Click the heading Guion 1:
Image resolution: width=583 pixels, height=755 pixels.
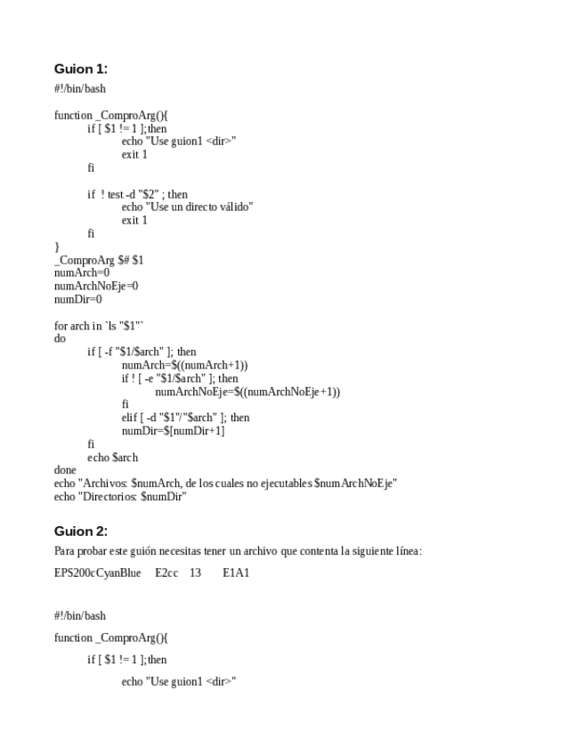click(x=80, y=69)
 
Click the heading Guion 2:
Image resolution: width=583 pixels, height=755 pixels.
click(x=80, y=532)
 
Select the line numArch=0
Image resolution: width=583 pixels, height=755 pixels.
click(x=82, y=273)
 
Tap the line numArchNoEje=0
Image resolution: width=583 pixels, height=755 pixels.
click(x=96, y=287)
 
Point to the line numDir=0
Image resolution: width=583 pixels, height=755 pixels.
click(x=78, y=299)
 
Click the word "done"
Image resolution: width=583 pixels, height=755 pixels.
click(x=65, y=470)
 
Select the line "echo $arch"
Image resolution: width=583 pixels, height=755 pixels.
click(x=112, y=458)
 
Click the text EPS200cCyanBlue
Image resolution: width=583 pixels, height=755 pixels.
click(x=97, y=572)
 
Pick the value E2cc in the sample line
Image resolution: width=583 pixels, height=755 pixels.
click(x=166, y=572)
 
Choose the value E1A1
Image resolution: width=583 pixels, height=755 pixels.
click(x=236, y=572)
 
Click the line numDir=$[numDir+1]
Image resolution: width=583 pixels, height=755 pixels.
click(x=173, y=431)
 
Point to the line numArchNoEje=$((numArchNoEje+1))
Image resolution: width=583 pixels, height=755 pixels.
click(x=247, y=392)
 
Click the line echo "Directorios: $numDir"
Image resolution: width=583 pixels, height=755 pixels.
click(x=120, y=497)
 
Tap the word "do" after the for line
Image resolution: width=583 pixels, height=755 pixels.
click(x=60, y=339)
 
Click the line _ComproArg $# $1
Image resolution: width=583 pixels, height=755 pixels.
click(x=99, y=260)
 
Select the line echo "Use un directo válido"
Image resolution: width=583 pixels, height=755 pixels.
click(x=187, y=207)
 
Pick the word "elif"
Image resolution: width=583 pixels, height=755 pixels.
click(x=130, y=418)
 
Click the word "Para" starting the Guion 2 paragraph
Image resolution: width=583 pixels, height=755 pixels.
click(x=65, y=551)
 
